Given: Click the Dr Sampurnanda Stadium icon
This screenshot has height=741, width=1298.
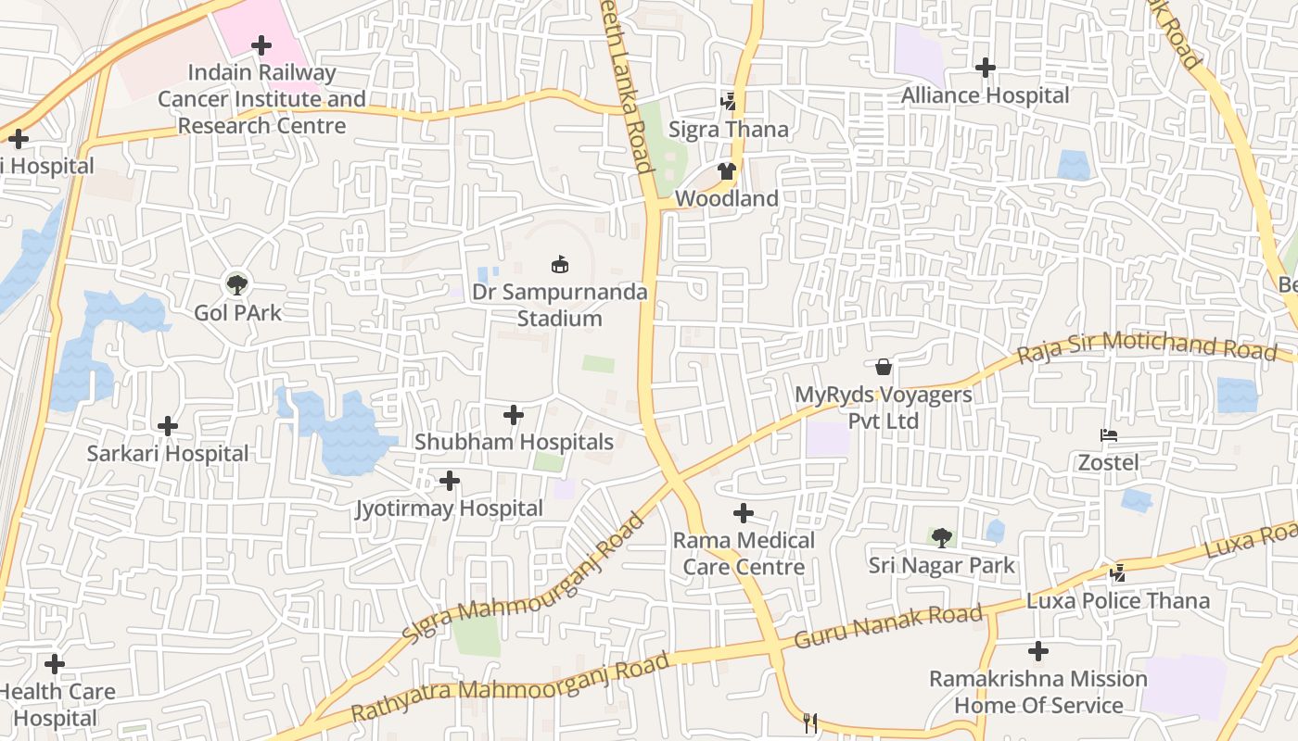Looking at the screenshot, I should (x=559, y=265).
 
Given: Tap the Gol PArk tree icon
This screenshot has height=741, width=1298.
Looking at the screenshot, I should (x=237, y=284).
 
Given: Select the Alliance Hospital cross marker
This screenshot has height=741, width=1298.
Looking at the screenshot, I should (x=986, y=68).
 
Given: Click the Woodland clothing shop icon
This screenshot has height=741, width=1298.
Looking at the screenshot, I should (x=726, y=171).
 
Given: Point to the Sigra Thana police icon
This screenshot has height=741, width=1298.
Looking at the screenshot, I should (x=729, y=102).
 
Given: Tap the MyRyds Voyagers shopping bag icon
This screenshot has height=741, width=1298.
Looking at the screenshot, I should (x=884, y=367).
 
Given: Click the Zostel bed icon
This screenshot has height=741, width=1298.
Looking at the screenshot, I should (x=1108, y=435).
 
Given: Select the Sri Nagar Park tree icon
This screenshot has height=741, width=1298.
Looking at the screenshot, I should (x=942, y=537).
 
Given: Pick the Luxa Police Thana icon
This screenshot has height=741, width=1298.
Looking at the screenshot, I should (x=1118, y=573).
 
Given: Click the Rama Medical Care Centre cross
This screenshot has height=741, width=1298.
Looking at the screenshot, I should (x=743, y=513).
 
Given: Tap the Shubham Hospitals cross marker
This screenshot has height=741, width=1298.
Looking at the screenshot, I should (x=514, y=415).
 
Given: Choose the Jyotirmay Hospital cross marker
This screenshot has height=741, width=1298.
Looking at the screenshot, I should (x=450, y=481).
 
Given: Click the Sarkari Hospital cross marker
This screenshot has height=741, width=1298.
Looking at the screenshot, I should (x=168, y=426).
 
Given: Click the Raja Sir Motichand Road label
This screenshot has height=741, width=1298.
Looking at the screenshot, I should (x=1147, y=348).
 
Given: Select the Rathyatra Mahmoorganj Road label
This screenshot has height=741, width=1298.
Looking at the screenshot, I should (x=510, y=689).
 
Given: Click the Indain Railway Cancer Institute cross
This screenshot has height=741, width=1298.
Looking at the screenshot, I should (x=261, y=44).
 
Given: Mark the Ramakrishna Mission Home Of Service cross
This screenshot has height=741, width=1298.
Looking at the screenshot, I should (x=1038, y=652).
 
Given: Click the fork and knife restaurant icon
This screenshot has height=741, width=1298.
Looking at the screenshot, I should (x=811, y=722).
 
